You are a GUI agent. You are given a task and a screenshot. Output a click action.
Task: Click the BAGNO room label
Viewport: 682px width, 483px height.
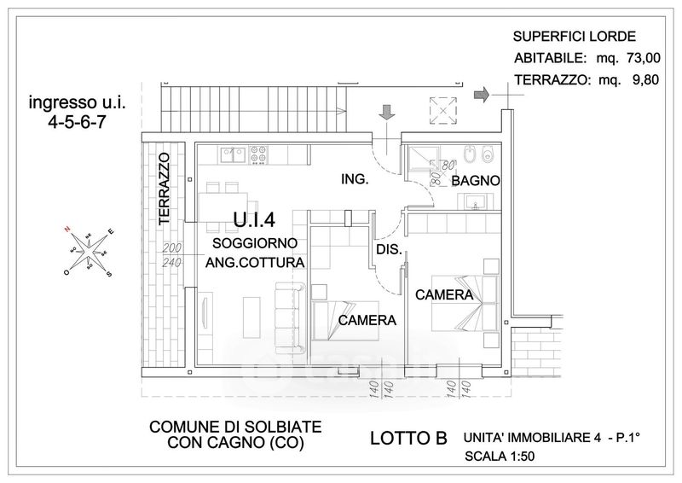pos(475,182)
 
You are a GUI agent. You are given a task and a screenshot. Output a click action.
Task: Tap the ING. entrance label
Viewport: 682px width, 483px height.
pos(354,179)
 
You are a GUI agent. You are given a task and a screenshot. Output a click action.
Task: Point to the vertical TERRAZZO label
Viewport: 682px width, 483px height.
pos(165,189)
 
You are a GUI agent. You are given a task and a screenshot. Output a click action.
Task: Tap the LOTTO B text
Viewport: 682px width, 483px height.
pos(409,439)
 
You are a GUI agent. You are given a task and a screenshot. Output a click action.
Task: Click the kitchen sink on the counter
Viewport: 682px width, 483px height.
pos(232,154)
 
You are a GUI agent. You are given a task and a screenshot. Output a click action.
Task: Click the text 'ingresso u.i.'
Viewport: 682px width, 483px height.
pos(72,103)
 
